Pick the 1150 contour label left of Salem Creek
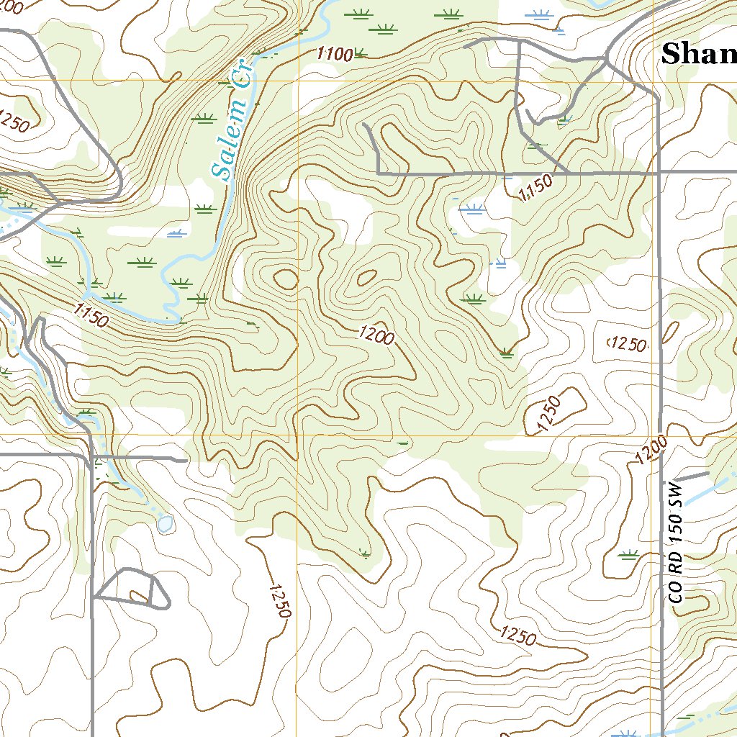pos(91,315)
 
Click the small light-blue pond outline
pos(166,523)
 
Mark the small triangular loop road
pos(133,589)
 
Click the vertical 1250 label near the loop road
pos(279,600)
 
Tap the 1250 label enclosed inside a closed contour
pos(627,345)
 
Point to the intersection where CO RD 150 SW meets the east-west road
pos(658,173)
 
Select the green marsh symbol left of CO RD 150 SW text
pos(629,554)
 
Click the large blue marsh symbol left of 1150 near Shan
pos(472,209)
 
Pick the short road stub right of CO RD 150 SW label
pos(694,476)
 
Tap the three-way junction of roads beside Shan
pos(608,60)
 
